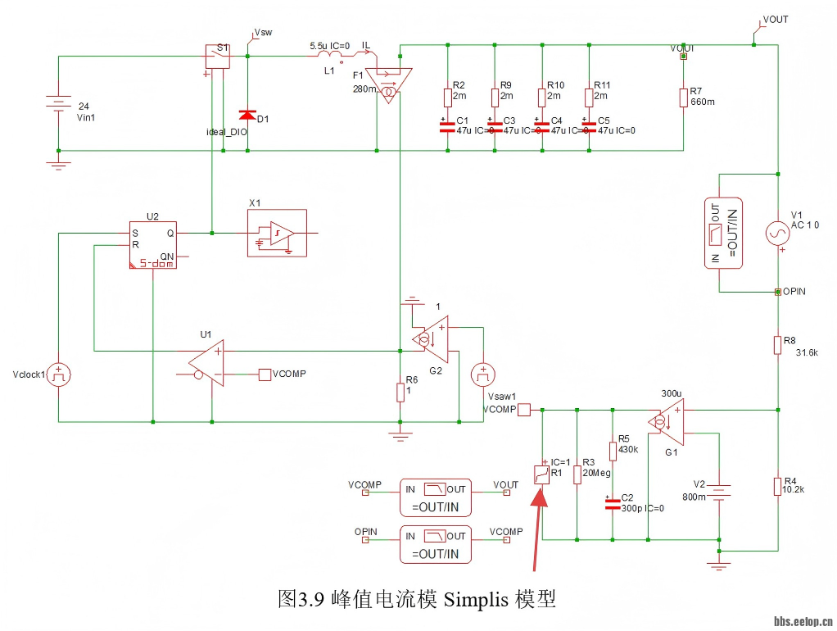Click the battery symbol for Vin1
pyautogui.click(x=58, y=105)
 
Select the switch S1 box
pyautogui.click(x=217, y=56)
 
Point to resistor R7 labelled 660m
pyautogui.click(x=683, y=98)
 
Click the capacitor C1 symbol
pyautogui.click(x=447, y=126)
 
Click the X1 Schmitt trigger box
pyautogui.click(x=277, y=234)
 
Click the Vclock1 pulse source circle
pyautogui.click(x=58, y=376)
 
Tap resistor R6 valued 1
pyautogui.click(x=400, y=392)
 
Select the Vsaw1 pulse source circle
pyautogui.click(x=483, y=375)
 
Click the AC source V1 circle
pyautogui.click(x=776, y=234)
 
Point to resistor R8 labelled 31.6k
pyautogui.click(x=776, y=345)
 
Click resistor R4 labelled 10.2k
pyautogui.click(x=776, y=486)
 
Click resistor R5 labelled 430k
pyautogui.click(x=612, y=451)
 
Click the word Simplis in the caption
pyautogui.click(x=476, y=599)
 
